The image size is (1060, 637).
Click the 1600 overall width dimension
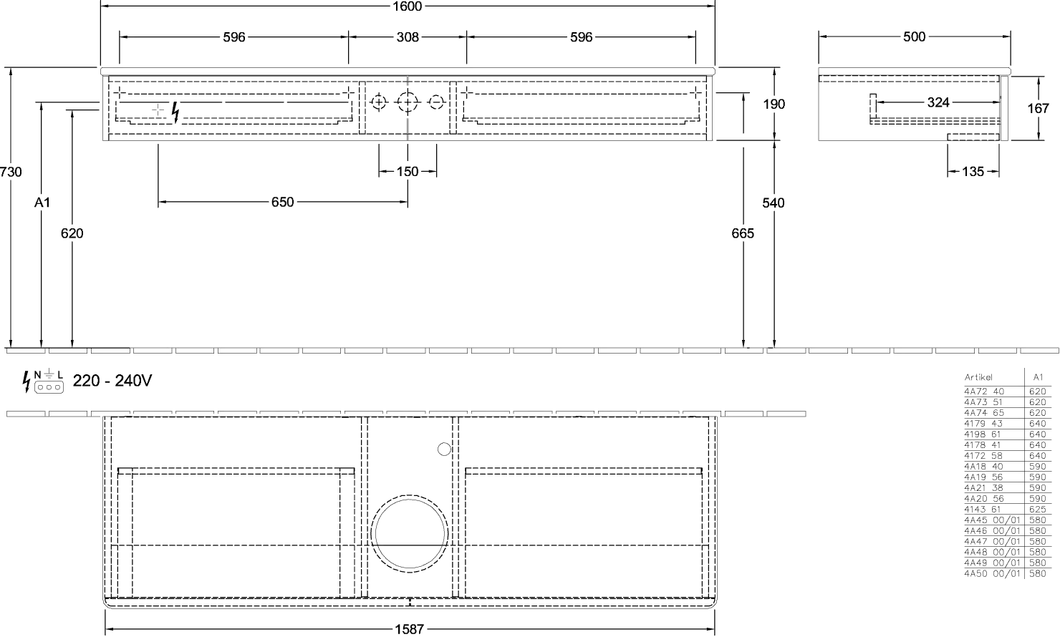[408, 6]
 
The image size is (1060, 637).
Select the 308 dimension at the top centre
[408, 37]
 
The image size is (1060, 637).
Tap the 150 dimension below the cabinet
[408, 171]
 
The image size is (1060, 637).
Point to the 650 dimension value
[282, 202]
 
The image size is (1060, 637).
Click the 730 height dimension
[11, 172]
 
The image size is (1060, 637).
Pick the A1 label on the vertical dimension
[42, 203]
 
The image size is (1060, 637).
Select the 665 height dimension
[743, 233]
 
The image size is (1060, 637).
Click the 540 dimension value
[774, 203]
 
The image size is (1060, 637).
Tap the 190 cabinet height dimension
[774, 104]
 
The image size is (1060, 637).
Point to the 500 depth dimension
[914, 37]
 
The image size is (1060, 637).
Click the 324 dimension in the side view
[938, 102]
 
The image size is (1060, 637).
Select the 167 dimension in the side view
[1039, 108]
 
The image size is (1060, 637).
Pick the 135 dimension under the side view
[973, 171]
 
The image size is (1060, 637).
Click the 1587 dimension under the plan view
[410, 629]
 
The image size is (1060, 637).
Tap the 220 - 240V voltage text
[112, 380]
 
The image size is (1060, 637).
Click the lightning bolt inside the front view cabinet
[175, 112]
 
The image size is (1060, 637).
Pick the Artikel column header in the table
[978, 377]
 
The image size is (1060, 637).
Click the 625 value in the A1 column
[1037, 510]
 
